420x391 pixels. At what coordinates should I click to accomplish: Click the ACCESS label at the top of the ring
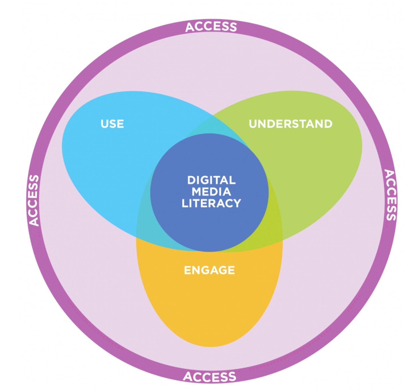click(211, 27)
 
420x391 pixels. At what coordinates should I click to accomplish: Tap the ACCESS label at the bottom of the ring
click(210, 376)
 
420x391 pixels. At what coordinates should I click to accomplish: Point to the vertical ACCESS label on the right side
click(390, 195)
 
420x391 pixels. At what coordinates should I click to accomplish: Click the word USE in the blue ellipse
click(112, 124)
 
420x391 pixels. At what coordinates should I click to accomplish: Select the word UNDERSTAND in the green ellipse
click(290, 124)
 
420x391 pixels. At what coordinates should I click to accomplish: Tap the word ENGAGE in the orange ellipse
click(209, 270)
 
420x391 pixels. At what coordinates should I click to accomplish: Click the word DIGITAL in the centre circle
click(211, 180)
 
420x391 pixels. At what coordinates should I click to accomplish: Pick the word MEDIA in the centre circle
click(212, 192)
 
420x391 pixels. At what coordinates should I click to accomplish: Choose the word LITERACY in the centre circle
click(211, 203)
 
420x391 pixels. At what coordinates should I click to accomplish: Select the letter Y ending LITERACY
click(237, 203)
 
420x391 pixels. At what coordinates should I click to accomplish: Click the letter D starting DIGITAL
click(191, 180)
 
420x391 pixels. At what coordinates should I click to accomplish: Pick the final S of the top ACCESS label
click(233, 27)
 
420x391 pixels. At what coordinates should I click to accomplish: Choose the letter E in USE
click(121, 124)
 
